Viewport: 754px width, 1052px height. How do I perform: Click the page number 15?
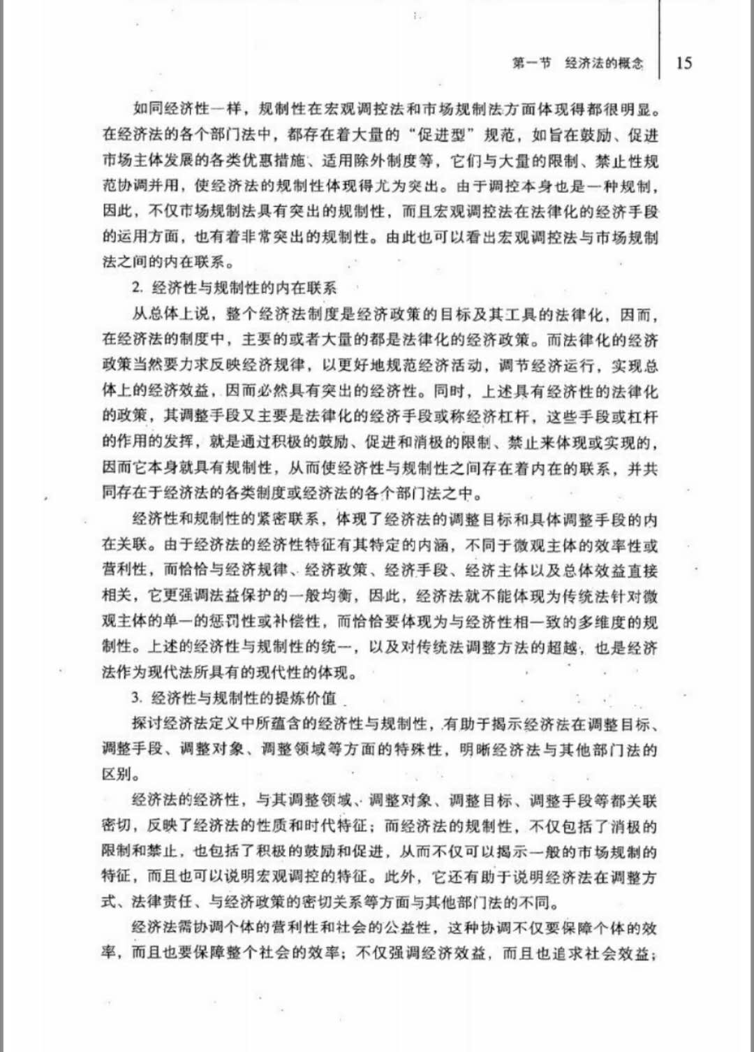pyautogui.click(x=684, y=63)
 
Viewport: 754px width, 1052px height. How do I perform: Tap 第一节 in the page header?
pyautogui.click(x=531, y=63)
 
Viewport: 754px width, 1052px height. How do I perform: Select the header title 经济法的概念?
pyautogui.click(x=604, y=63)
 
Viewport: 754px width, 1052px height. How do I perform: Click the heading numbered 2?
pyautogui.click(x=235, y=288)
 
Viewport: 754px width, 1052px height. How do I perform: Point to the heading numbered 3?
pyautogui.click(x=235, y=698)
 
